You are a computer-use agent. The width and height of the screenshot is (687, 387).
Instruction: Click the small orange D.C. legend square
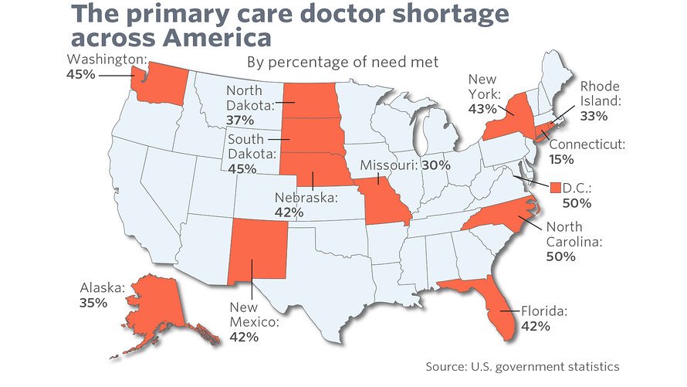point(556,188)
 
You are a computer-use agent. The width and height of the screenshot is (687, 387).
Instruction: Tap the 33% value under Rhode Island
point(594,116)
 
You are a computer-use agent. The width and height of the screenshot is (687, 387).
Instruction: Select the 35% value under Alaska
point(93,303)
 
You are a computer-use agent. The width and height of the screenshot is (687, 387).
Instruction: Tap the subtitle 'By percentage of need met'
point(342,63)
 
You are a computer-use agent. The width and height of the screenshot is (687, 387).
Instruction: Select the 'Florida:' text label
point(544,311)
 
